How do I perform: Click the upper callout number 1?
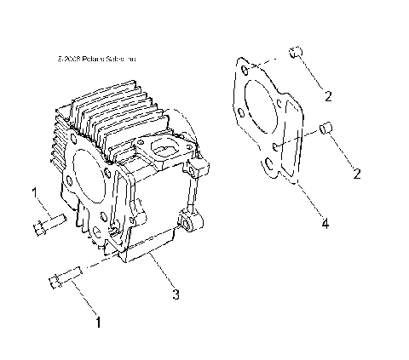point(34,194)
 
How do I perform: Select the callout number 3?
point(175,295)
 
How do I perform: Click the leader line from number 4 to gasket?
point(309,202)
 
